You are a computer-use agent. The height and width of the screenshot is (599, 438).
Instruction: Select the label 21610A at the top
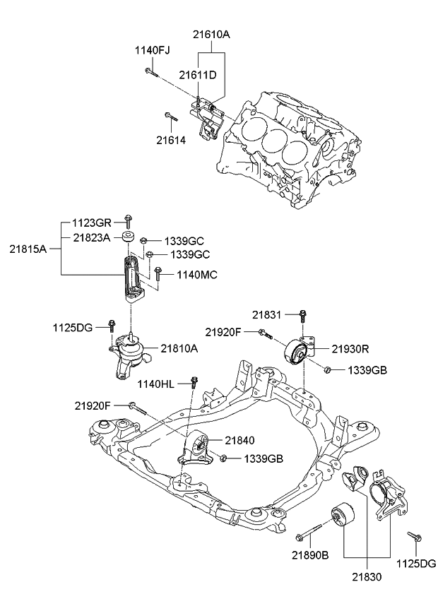[x=211, y=32]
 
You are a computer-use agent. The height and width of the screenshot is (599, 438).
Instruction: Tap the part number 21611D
[x=197, y=75]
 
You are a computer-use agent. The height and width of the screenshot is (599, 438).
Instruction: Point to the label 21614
[x=171, y=140]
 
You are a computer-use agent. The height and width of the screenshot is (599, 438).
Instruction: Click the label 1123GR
[x=92, y=222]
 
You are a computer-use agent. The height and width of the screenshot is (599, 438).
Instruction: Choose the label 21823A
[x=92, y=238]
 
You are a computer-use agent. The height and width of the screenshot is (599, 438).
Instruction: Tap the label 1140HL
[x=160, y=384]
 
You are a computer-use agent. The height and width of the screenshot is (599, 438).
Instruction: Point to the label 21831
[x=266, y=314]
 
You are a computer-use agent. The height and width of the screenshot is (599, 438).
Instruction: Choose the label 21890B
[x=311, y=556]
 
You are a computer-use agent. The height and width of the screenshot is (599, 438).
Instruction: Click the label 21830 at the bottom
[x=365, y=577]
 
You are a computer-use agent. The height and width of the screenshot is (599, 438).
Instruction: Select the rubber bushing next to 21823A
[x=127, y=238]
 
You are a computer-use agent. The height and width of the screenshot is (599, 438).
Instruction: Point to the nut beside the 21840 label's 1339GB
[x=222, y=458]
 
